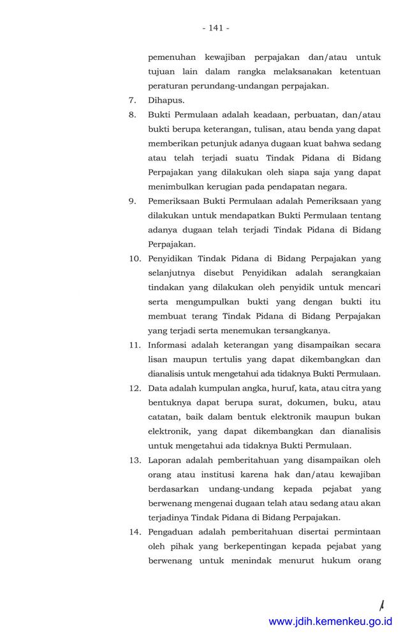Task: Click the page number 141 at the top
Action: [x=216, y=28]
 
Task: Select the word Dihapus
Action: [x=166, y=100]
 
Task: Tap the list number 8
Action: [x=133, y=115]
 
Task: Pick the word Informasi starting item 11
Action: [x=168, y=345]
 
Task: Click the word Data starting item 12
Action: [x=158, y=387]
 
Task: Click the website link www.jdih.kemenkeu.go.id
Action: [x=330, y=621]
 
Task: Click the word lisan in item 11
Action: [x=158, y=359]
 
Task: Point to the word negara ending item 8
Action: [x=330, y=187]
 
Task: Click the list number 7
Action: [x=133, y=100]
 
